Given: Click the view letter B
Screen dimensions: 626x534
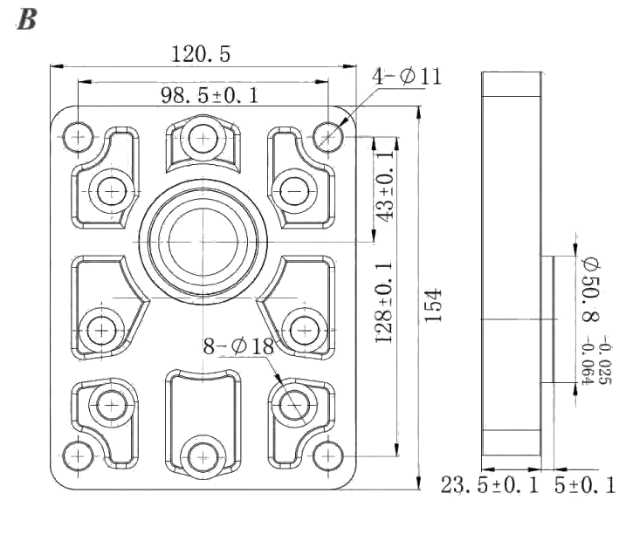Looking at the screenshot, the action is (x=27, y=19).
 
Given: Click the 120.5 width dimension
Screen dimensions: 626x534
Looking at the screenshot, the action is (x=201, y=54).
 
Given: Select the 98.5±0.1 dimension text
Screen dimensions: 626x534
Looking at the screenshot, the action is (x=210, y=95).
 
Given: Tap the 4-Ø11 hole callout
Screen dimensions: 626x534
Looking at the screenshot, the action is (x=407, y=76).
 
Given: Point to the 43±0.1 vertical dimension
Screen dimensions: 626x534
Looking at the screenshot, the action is (x=385, y=186).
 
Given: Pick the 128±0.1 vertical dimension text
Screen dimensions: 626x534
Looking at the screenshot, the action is (x=384, y=302).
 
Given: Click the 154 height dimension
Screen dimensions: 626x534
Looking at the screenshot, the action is (x=433, y=305).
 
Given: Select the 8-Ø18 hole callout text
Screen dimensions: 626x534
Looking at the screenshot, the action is (x=238, y=346).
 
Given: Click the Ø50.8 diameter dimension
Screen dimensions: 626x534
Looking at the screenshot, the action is (x=591, y=291).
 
